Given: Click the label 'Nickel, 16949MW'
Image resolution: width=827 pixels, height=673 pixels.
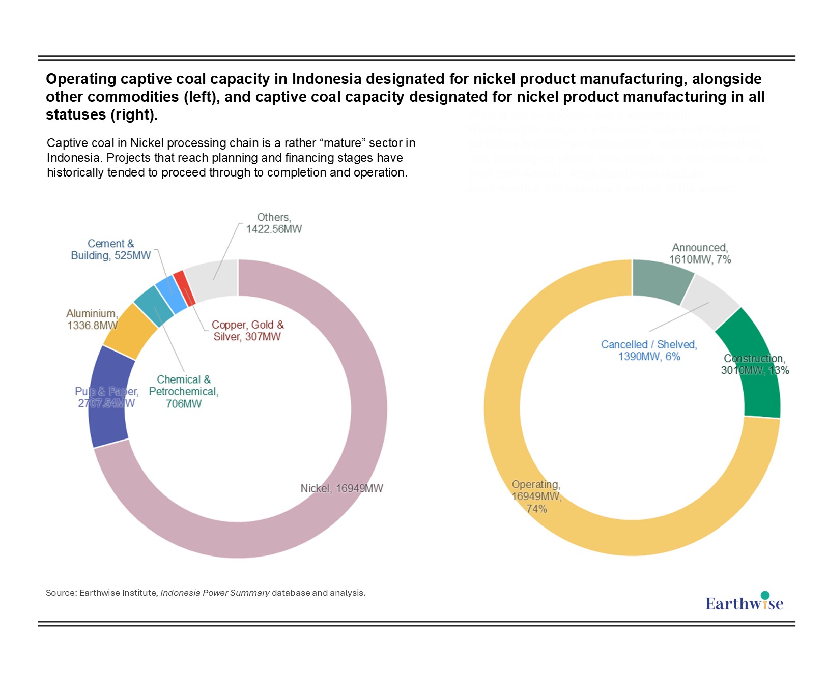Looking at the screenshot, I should (341, 488).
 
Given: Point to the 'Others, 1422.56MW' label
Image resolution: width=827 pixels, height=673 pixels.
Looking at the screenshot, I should (274, 223).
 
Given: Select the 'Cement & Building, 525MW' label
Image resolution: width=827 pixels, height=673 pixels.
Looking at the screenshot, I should (111, 250).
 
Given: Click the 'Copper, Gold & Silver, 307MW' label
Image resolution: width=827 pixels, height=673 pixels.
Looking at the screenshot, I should (247, 331).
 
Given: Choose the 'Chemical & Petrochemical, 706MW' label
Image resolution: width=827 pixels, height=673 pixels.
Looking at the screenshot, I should (184, 392).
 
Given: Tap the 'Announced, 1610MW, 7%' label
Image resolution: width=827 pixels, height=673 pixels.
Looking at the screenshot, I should (700, 253).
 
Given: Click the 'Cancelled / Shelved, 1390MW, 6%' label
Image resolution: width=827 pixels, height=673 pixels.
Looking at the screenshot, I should (649, 350).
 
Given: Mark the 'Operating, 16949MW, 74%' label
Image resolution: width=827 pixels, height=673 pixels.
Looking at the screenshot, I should (536, 496).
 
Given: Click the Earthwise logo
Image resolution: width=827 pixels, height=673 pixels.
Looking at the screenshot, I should (744, 602).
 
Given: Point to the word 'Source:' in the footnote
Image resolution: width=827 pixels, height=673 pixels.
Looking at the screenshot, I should (61, 593).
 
